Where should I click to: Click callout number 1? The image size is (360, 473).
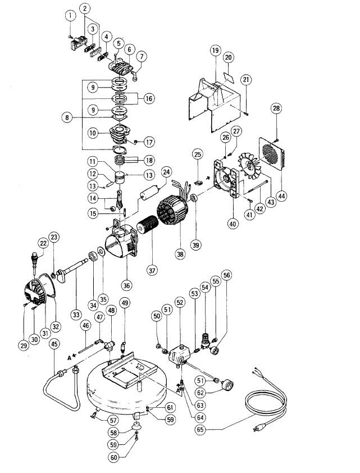click(x=70, y=16)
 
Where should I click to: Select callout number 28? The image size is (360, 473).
click(x=276, y=108)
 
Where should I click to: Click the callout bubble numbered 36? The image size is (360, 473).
click(x=127, y=285)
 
